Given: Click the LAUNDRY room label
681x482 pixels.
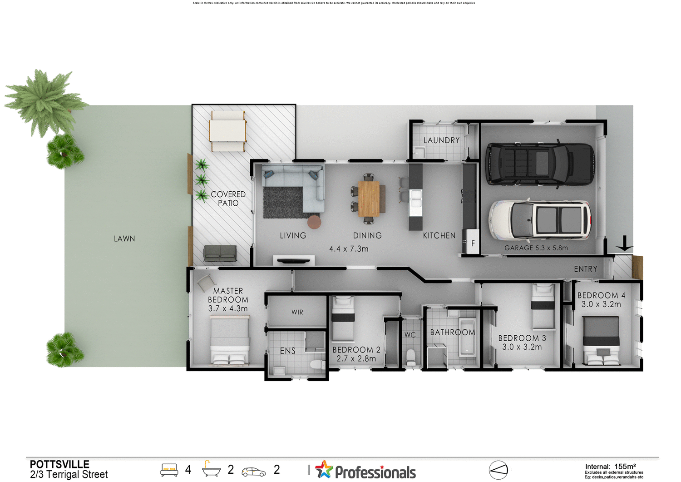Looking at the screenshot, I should click(441, 140).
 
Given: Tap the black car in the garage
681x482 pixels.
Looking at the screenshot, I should click(540, 164).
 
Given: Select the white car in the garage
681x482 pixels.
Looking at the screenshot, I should click(540, 220).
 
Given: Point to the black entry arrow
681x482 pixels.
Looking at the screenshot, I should click(625, 243).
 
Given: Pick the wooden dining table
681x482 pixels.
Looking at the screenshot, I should click(369, 199).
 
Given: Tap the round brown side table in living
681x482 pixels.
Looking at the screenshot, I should click(314, 222).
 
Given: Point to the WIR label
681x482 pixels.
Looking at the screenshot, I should click(297, 312).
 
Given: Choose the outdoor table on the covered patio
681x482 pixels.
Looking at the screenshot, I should click(227, 130).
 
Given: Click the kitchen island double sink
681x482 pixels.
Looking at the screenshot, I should click(415, 199).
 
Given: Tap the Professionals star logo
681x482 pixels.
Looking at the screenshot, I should click(324, 470).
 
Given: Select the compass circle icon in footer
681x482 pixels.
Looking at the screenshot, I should click(498, 470).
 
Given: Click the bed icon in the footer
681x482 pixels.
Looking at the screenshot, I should click(169, 470).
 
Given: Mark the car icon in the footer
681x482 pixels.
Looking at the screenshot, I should click(253, 472).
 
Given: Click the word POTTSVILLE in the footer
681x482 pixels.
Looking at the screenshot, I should click(59, 464).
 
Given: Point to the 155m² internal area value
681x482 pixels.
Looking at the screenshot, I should click(625, 466).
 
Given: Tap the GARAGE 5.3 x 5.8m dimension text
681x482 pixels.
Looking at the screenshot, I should click(536, 248).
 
